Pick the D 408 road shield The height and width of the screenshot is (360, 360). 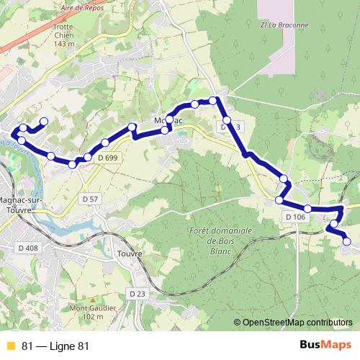[x=27, y=248]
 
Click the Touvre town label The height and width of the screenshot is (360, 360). [x=129, y=253]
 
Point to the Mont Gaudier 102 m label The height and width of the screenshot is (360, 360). [x=83, y=312]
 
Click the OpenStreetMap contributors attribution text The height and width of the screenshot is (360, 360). [x=297, y=322]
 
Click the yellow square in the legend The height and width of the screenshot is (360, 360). [x=10, y=346]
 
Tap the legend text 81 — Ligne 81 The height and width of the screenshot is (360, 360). [x=55, y=346]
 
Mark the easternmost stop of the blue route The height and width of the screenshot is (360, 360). [x=346, y=242]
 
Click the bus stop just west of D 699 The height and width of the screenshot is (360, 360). [x=88, y=157]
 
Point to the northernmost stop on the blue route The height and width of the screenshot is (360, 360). [x=213, y=100]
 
